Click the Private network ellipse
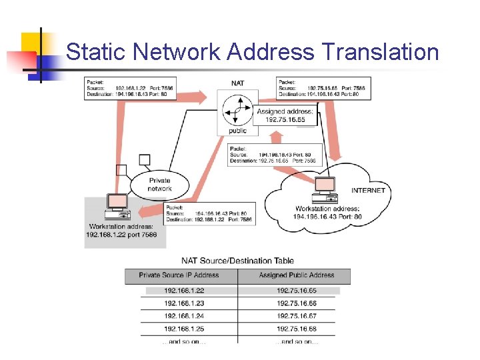(160, 185)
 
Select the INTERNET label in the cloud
(368, 191)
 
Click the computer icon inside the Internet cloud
(325, 189)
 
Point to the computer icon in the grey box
(117, 206)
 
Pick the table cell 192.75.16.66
(296, 303)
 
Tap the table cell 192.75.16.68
(296, 329)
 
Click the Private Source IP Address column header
(179, 275)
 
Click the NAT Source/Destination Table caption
(237, 261)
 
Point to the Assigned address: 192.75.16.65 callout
(285, 116)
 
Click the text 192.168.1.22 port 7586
(121, 235)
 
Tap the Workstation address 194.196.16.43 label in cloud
(328, 213)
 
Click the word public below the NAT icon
(237, 131)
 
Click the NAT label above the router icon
(237, 83)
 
